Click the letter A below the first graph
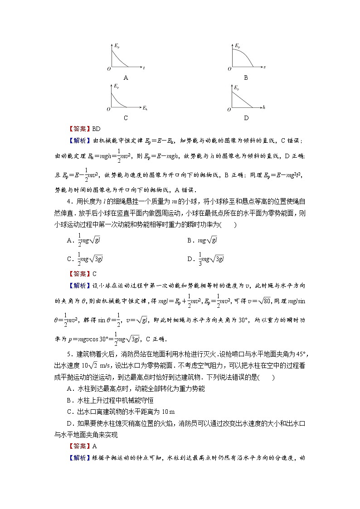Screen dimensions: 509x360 126,78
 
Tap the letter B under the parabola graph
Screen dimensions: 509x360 246,78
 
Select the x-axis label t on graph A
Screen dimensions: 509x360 144,68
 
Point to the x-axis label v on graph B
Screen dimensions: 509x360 264,68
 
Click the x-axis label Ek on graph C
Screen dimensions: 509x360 145,108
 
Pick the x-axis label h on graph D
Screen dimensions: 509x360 263,108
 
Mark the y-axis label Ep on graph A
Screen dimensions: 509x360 117,45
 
